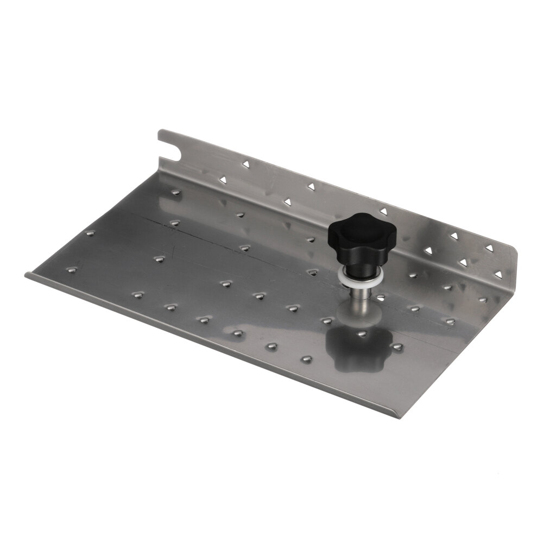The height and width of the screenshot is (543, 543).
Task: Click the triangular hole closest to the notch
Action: (x=245, y=162)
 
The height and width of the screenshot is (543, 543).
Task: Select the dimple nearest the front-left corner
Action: (x=70, y=269)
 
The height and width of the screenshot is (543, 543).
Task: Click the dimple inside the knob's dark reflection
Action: (x=362, y=333)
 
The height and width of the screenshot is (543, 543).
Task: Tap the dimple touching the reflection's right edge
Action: (x=398, y=347)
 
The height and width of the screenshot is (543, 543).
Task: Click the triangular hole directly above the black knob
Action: (x=383, y=211)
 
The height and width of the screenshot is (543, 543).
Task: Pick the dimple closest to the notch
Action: (x=174, y=192)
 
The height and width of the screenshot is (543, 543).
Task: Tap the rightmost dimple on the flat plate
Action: (x=482, y=299)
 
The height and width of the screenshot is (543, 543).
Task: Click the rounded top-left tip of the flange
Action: (x=161, y=132)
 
